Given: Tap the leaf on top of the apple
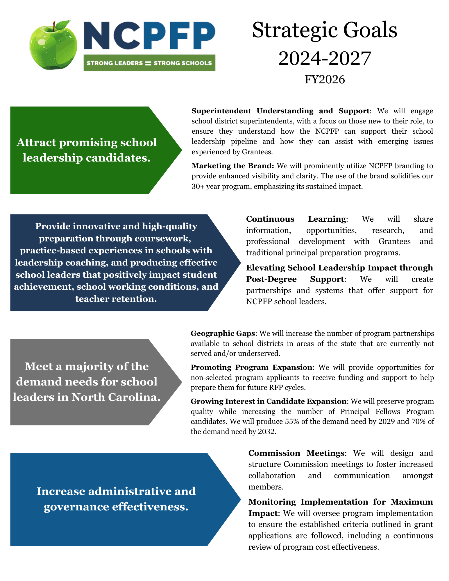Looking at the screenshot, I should (62, 25).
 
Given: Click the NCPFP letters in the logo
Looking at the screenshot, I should (149, 35).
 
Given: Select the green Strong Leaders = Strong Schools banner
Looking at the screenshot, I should (149, 63).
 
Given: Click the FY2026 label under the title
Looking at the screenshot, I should (324, 79).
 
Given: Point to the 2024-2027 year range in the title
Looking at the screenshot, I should (324, 58).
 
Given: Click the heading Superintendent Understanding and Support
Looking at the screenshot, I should (280, 111).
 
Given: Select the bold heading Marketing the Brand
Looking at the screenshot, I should (232, 166).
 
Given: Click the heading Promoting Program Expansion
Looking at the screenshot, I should (251, 367).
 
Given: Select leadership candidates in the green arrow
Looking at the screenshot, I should (87, 158).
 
